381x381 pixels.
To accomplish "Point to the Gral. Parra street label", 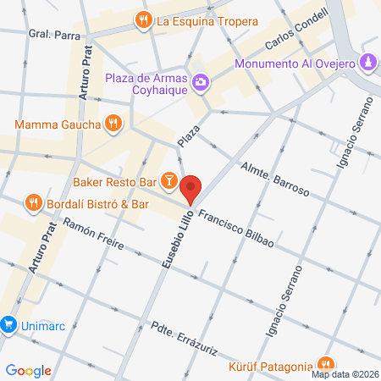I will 48,36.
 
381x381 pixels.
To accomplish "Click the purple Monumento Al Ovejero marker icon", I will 369,63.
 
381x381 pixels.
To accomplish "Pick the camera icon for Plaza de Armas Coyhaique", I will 202,82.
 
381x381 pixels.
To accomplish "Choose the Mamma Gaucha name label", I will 58,124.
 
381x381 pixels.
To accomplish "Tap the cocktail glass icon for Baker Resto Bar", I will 169,179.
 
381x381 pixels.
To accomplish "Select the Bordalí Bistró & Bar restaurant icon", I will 33,203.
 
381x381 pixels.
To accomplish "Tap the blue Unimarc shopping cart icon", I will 8,323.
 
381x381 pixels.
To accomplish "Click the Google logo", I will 29,370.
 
